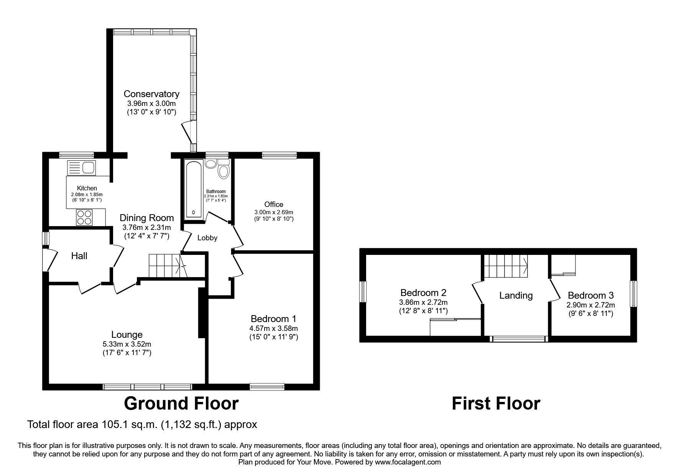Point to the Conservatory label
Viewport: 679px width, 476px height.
pos(151,94)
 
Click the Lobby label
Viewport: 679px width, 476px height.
pos(207,238)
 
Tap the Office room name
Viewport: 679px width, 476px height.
pos(274,204)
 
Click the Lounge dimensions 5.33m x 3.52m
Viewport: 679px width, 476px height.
pos(127,344)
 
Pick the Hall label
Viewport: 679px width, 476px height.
pos(79,256)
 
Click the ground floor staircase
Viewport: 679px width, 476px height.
pos(165,265)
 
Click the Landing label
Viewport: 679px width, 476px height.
pos(516,296)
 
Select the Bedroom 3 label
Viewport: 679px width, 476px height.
pos(590,296)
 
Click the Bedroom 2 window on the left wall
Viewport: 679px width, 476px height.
pos(363,294)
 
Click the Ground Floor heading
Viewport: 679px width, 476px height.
pos(181,403)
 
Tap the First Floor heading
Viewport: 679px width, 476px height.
pos(496,403)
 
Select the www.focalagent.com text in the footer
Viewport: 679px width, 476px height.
pos(408,463)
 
